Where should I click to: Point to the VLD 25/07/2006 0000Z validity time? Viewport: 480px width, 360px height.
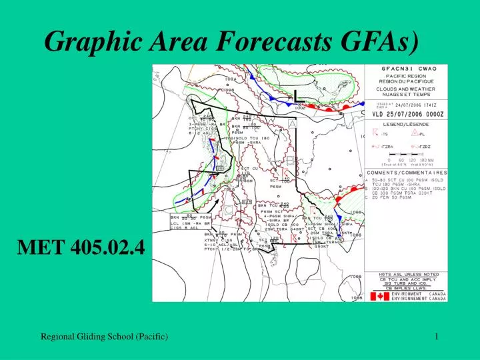(407, 114)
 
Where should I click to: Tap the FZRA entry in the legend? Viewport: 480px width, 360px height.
(384, 147)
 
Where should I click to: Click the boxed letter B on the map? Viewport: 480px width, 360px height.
(290, 161)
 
